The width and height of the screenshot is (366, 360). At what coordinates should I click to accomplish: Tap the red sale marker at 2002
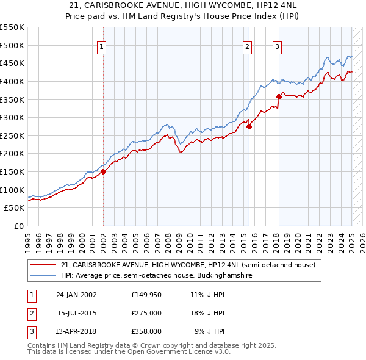(104, 171)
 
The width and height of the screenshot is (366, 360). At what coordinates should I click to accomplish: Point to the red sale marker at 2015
(249, 126)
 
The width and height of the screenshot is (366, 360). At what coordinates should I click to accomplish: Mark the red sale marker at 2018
(279, 96)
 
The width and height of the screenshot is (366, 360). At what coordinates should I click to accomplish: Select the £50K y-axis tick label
(15, 208)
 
